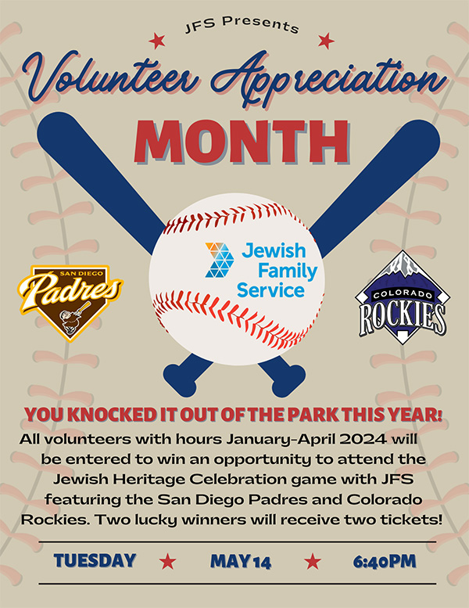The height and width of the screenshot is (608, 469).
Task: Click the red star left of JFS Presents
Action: tap(157, 39)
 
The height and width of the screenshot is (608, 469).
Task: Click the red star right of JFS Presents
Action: tap(327, 39)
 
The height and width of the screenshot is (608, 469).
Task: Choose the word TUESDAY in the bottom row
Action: tap(95, 560)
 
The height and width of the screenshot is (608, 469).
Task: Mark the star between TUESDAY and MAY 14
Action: tap(166, 561)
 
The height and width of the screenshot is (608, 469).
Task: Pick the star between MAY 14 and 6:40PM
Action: tap(313, 561)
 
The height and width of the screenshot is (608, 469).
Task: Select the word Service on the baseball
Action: tap(274, 291)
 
